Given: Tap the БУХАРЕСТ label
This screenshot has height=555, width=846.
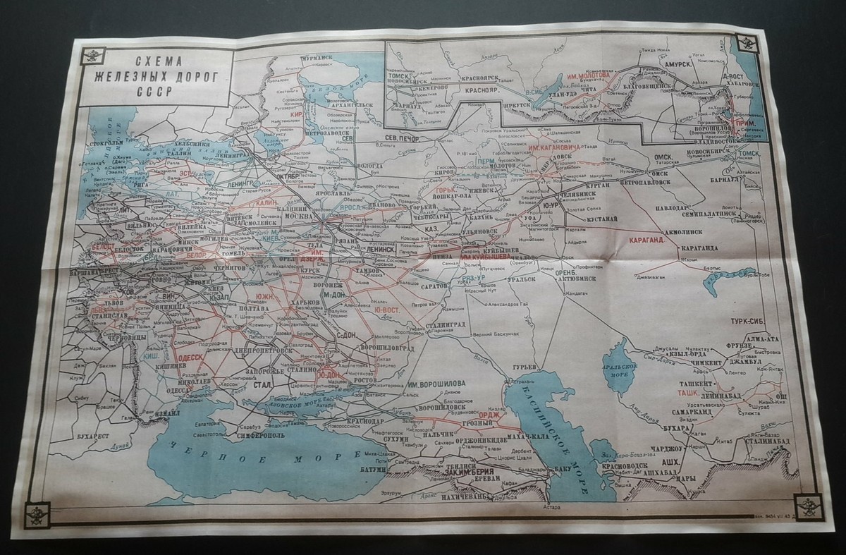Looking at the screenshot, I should [92, 436].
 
